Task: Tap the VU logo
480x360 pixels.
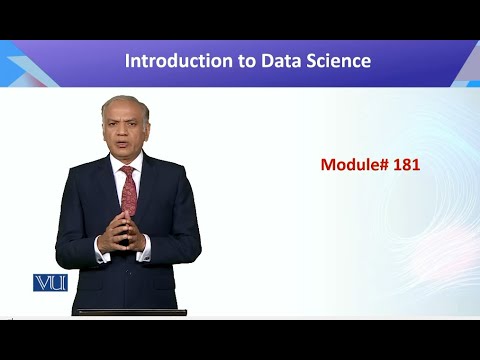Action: point(49,282)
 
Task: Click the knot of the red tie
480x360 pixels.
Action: point(128,172)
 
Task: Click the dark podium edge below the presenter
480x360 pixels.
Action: point(130,312)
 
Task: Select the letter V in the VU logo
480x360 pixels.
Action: point(43,282)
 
